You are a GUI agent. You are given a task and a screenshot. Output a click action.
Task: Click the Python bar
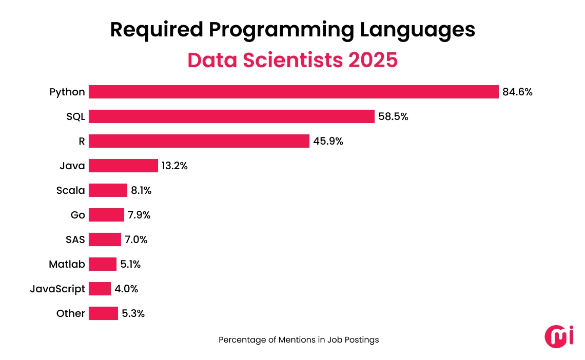click(294, 92)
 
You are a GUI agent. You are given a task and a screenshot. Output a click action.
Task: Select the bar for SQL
click(231, 116)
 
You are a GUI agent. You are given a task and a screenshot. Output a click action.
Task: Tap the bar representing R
click(199, 141)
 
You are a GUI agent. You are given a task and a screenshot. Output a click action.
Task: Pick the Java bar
click(123, 166)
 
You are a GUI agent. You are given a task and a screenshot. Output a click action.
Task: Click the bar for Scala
click(108, 190)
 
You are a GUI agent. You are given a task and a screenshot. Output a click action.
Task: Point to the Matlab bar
click(103, 264)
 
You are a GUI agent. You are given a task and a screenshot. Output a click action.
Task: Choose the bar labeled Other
click(103, 313)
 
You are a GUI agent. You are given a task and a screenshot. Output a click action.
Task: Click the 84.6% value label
click(517, 92)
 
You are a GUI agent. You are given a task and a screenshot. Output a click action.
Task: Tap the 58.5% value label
click(393, 117)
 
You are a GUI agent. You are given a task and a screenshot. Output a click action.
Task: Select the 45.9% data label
click(328, 142)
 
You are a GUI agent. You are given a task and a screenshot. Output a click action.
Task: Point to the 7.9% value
click(139, 215)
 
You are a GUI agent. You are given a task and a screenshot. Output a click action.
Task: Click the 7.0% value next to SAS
click(136, 240)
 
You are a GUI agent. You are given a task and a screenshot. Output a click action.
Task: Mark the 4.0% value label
click(126, 289)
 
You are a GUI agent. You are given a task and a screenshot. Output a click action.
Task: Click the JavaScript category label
click(57, 289)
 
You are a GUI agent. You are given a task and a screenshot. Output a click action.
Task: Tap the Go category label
click(78, 215)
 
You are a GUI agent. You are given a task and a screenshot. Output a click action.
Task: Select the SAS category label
click(75, 240)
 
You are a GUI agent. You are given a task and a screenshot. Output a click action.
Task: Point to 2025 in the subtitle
click(373, 60)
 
